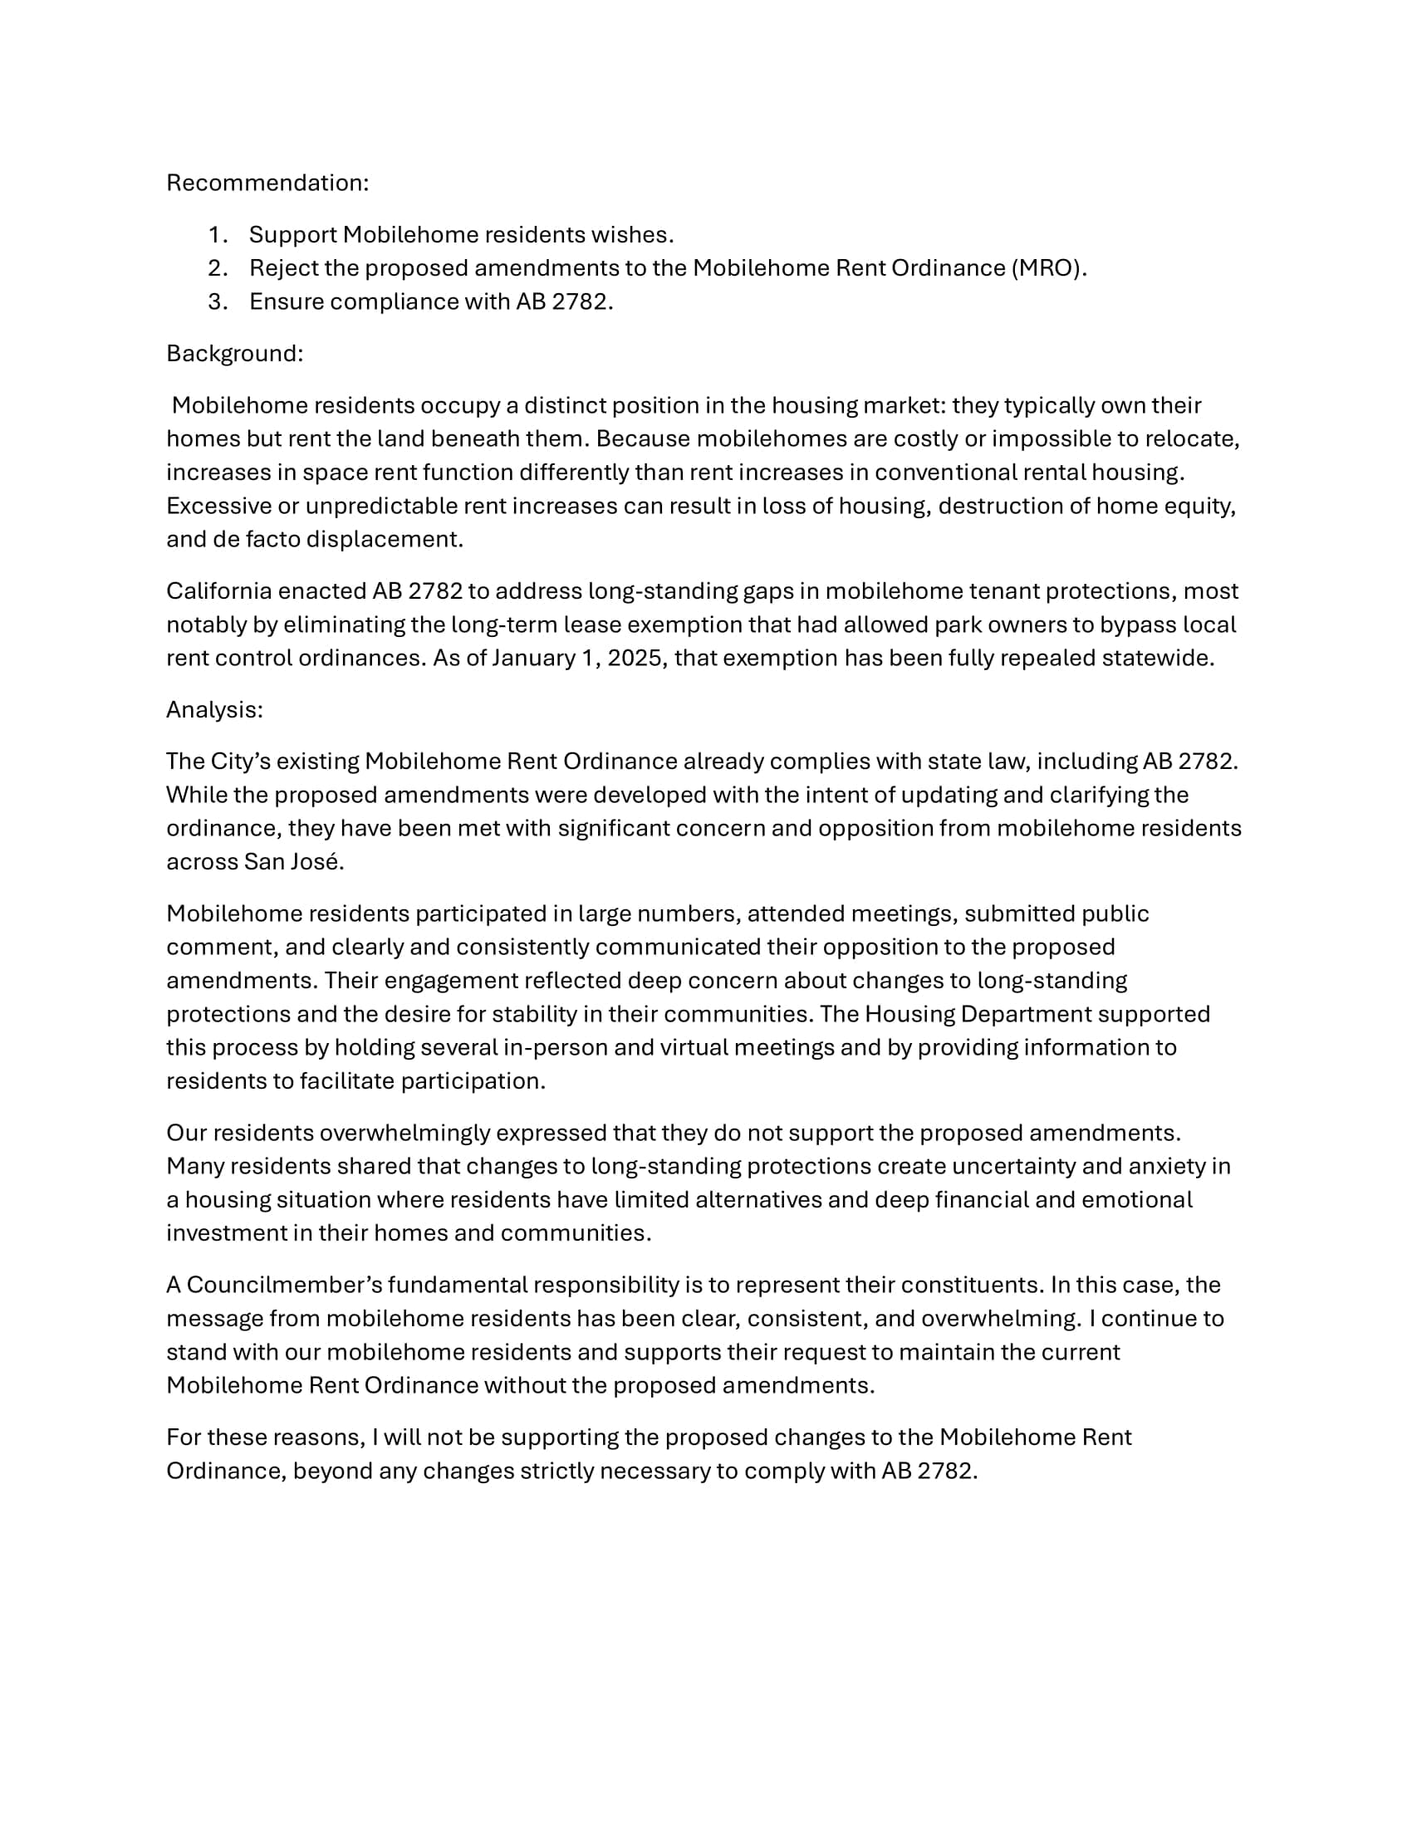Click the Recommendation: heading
click(x=267, y=184)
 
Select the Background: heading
click(x=234, y=354)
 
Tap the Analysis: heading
click(x=214, y=710)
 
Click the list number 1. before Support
click(x=218, y=235)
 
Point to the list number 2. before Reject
click(x=218, y=268)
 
